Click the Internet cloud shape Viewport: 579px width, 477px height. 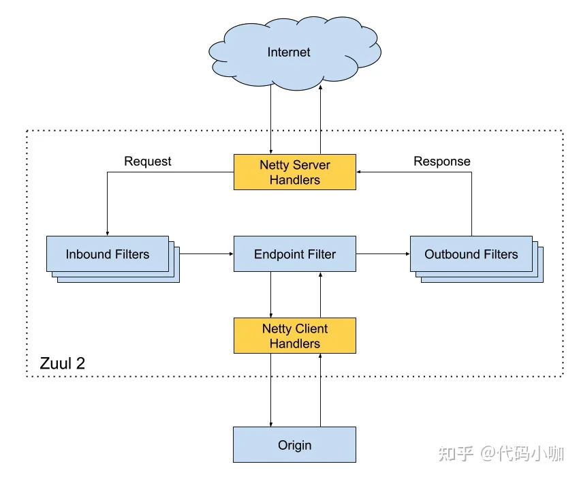[295, 53]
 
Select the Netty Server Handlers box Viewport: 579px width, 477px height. [295, 172]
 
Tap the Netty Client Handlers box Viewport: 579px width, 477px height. [295, 335]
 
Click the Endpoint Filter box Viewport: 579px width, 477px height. [295, 254]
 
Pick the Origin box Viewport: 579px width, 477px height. [295, 444]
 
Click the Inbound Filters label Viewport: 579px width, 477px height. [108, 254]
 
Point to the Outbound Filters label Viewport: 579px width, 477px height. [471, 254]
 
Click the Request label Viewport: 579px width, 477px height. [148, 161]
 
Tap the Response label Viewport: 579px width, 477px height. [442, 161]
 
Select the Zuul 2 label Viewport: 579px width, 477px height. [63, 363]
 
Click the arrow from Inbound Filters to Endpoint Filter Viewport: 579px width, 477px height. [206, 254]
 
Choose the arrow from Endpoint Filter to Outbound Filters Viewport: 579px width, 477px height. [384, 254]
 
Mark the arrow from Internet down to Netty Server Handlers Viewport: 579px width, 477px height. [270, 119]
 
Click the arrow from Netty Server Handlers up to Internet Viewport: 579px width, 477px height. [321, 119]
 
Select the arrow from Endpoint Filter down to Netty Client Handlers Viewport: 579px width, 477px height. [270, 295]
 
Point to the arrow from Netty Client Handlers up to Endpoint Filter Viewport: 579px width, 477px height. [321, 295]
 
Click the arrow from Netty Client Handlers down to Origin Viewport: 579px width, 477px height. [270, 390]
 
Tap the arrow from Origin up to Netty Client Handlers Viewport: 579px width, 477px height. [321, 390]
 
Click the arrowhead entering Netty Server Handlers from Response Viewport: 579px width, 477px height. [358, 172]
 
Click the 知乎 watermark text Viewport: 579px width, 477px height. [456, 453]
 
